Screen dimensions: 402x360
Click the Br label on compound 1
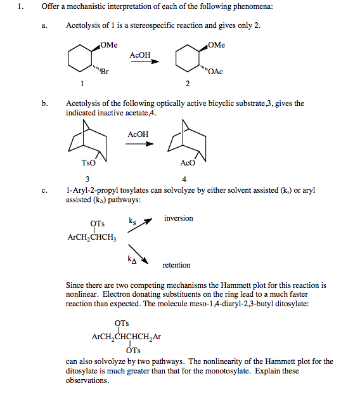(104, 72)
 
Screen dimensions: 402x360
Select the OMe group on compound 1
(108, 44)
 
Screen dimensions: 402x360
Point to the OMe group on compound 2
(216, 44)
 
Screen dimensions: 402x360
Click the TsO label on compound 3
(80, 162)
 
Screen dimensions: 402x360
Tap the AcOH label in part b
(138, 134)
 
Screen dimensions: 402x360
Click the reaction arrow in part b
(139, 143)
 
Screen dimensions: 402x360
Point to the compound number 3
(87, 178)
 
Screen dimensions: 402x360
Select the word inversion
(179, 218)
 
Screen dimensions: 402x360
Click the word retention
(176, 265)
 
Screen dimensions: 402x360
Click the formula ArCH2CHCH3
(89, 238)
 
